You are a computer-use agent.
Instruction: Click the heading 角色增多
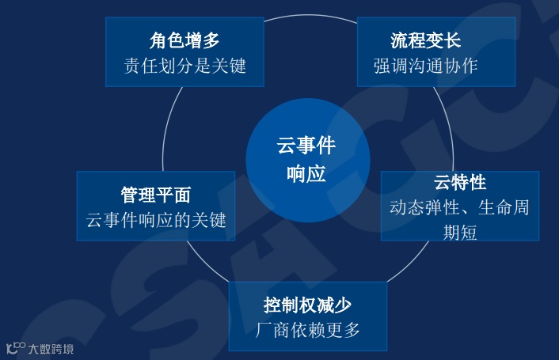point(184,40)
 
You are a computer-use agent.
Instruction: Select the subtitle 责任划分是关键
point(184,65)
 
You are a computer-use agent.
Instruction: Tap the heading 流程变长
point(425,40)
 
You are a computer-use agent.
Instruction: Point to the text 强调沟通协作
point(425,65)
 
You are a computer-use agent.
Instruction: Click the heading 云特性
point(459,183)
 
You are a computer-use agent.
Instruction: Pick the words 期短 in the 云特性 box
point(459,233)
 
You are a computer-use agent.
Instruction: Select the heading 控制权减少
point(307,305)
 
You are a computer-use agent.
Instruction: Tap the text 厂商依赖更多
point(307,330)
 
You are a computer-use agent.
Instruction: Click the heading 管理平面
point(155,195)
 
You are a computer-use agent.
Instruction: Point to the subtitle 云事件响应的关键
point(156,220)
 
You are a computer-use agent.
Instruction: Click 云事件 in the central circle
point(306,146)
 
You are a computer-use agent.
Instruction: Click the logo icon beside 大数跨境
point(16,347)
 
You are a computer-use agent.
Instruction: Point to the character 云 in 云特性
point(442,183)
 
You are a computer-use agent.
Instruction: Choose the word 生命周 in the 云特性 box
point(504,208)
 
